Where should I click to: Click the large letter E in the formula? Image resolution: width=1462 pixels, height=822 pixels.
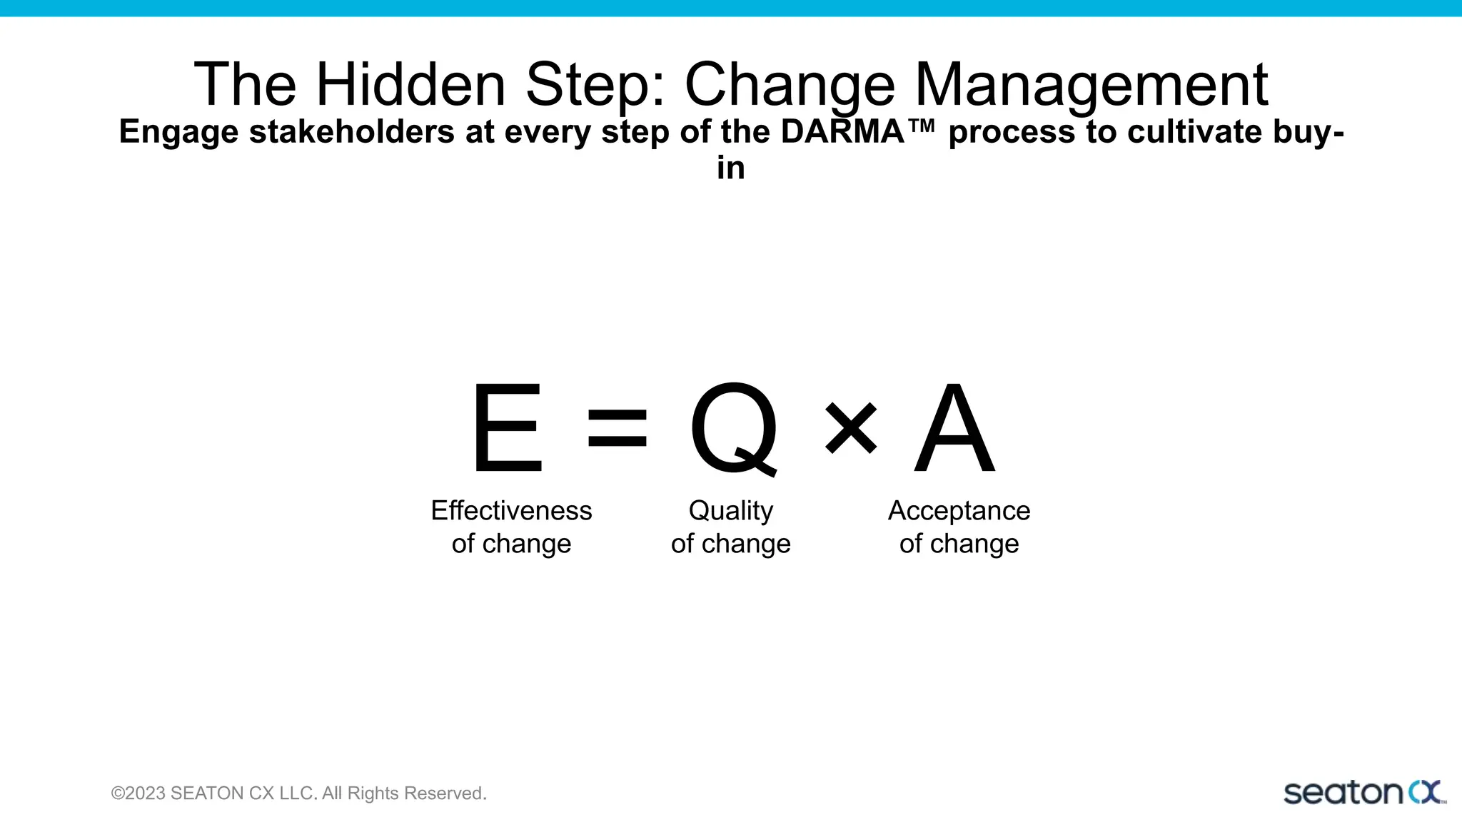click(507, 428)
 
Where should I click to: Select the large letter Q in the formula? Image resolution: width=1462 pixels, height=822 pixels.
click(734, 428)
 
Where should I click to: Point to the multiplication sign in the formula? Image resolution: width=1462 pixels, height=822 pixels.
click(850, 428)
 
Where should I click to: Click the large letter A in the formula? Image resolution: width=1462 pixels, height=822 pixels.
click(954, 428)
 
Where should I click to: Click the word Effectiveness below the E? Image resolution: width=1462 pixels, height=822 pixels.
click(511, 511)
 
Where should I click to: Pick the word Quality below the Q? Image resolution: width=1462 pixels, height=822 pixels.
click(730, 511)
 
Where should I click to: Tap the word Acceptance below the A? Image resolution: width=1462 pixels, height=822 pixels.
click(959, 511)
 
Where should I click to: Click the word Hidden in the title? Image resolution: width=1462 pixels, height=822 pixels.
click(410, 84)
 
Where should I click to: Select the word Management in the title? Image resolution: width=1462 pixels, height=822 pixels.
click(1091, 84)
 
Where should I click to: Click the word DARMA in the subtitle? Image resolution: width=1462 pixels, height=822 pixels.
click(843, 132)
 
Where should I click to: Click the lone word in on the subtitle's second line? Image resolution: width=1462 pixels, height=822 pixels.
click(731, 168)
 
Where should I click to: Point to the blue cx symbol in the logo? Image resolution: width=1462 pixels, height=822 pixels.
click(1425, 792)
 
